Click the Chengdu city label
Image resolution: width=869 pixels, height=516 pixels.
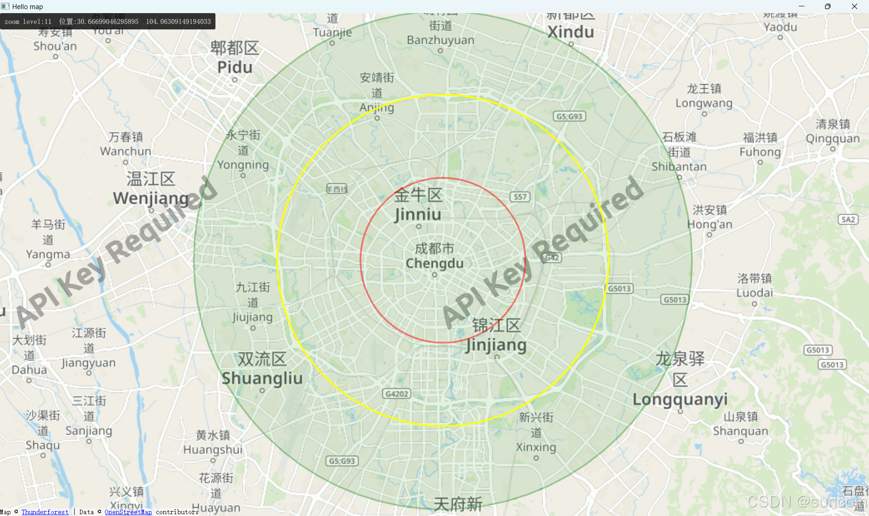434,256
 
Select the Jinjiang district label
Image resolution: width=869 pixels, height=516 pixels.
497,335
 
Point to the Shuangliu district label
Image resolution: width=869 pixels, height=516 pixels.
262,368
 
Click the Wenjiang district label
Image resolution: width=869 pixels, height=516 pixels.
151,188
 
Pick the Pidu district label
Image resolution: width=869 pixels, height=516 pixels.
234,57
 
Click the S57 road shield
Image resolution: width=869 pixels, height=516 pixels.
520,197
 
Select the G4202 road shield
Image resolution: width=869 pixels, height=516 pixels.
396,394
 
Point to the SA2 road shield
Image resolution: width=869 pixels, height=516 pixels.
848,220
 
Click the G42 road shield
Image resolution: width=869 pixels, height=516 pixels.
552,258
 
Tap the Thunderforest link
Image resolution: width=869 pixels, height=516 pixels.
45,512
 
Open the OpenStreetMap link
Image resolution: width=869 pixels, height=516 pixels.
128,512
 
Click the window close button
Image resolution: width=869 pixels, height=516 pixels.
854,6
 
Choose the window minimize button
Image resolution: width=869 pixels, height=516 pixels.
802,6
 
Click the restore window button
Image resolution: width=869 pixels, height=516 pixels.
827,6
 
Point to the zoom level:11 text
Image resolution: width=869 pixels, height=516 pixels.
28,22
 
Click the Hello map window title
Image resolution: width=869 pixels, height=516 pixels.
27,6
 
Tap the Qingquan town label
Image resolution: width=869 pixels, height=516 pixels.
832,131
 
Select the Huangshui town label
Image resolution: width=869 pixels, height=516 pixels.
213,443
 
